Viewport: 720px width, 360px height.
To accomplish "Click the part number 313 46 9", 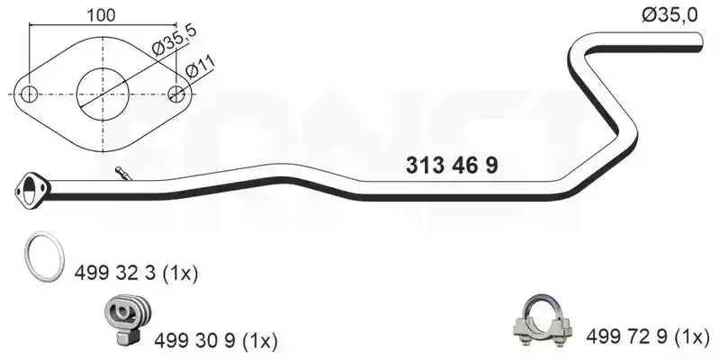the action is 452,166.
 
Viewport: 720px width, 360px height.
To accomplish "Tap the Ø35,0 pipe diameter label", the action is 670,15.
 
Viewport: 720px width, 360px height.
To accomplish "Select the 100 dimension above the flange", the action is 101,15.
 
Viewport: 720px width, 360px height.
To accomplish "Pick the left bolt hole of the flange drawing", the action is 30,94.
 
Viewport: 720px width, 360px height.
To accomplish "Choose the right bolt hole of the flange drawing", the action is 176,94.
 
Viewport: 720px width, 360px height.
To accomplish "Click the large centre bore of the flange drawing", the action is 103,94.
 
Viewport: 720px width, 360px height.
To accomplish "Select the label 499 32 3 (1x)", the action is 136,274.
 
